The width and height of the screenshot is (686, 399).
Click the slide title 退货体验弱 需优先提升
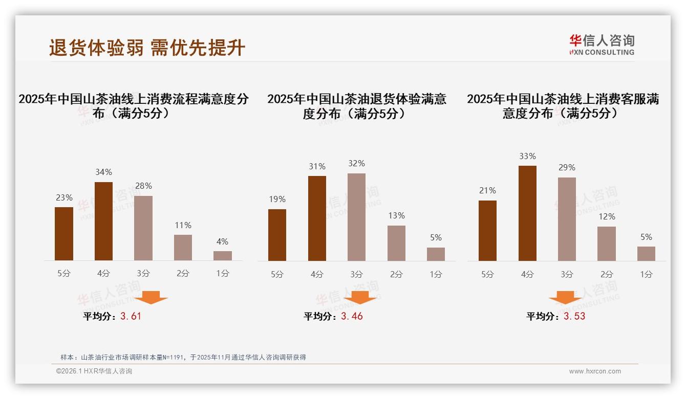(x=147, y=48)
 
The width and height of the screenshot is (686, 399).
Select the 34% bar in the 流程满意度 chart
(x=103, y=221)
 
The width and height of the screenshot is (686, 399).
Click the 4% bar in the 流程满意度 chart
(x=223, y=256)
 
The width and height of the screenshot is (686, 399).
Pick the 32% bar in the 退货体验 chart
(x=356, y=217)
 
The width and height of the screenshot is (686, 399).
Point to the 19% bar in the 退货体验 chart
(x=277, y=235)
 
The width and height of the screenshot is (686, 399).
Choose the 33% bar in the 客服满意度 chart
(x=527, y=213)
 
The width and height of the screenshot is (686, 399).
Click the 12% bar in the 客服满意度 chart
(x=607, y=243)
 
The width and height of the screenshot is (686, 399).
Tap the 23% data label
(x=64, y=198)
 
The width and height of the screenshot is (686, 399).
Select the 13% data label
(x=396, y=216)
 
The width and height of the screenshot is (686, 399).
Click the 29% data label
(x=567, y=168)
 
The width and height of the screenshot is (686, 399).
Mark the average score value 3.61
(x=131, y=316)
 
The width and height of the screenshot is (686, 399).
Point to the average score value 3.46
(x=352, y=316)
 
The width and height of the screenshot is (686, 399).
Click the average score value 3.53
(x=574, y=316)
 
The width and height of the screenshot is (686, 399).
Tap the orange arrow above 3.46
(x=360, y=297)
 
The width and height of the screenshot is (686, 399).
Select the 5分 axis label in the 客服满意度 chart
(x=487, y=274)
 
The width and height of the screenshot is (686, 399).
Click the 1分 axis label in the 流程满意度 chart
(x=223, y=274)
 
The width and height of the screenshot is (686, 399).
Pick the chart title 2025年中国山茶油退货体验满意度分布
(x=356, y=106)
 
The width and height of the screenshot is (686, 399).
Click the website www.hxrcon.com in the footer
(x=595, y=371)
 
